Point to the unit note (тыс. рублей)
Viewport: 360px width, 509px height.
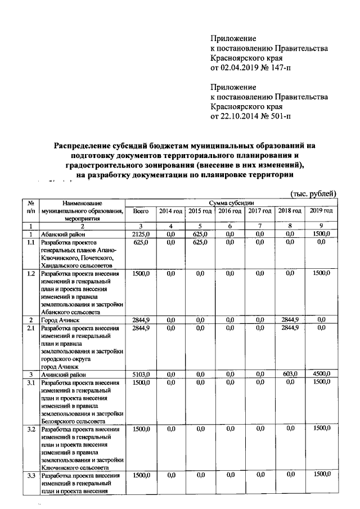click(x=313, y=193)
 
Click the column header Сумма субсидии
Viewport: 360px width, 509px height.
click(x=231, y=202)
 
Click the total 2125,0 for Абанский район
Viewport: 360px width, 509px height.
click(x=141, y=233)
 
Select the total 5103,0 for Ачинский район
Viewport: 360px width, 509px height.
click(x=141, y=374)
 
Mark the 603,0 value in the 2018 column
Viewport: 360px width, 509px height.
click(x=290, y=374)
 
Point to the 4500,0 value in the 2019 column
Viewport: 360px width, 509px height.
click(x=321, y=374)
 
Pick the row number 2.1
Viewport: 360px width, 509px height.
click(x=32, y=327)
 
